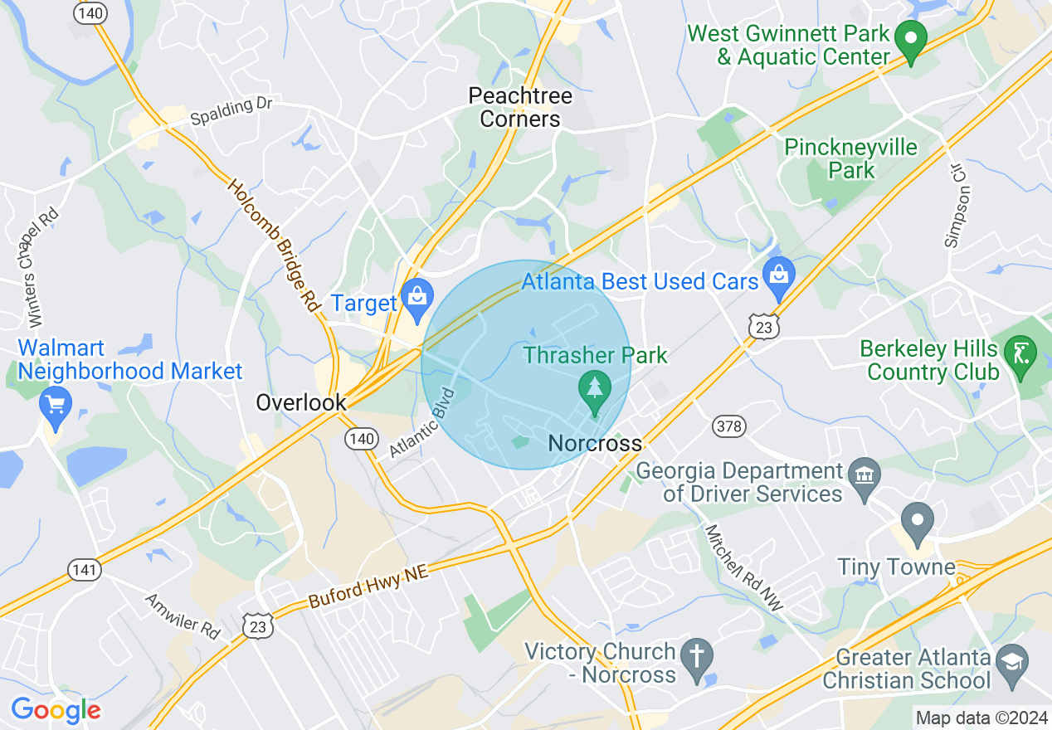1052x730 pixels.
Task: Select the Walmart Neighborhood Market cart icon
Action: coord(56,406)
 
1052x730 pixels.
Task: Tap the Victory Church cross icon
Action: coord(696,656)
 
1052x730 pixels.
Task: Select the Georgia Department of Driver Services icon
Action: coord(864,475)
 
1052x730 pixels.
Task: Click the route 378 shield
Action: coord(729,426)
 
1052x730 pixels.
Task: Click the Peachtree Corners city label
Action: coord(520,107)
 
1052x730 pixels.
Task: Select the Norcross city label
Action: coord(595,444)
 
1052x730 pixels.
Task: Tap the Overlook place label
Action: coord(300,403)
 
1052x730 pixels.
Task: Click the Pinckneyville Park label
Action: coord(851,158)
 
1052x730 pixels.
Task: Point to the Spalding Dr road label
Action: coord(231,112)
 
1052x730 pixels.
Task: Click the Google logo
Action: coord(56,710)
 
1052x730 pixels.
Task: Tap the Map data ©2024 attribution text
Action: coord(979,718)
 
